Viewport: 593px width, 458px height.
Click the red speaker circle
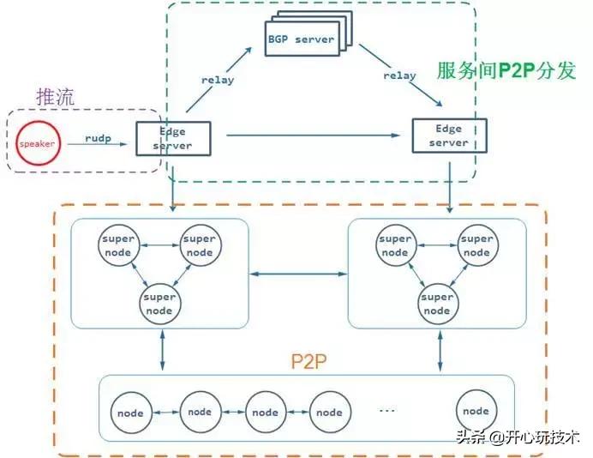point(37,143)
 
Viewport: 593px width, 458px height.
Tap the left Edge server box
point(173,138)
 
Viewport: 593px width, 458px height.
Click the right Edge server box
point(449,135)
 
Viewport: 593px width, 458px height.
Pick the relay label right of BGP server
point(398,75)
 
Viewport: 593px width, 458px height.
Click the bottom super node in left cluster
point(159,304)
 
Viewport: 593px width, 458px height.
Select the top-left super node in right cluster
point(395,246)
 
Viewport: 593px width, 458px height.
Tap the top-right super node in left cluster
point(199,246)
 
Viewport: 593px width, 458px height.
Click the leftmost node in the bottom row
point(131,413)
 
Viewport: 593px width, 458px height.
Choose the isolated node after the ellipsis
point(476,412)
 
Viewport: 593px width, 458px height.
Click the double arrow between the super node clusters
point(297,274)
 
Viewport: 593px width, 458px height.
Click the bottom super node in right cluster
point(437,304)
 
